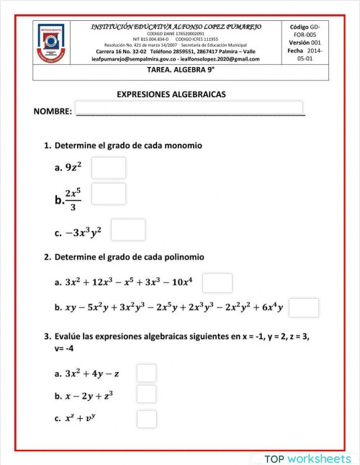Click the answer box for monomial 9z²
click(109, 168)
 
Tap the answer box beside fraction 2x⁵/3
click(109, 194)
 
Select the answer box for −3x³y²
click(128, 230)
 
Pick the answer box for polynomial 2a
click(217, 283)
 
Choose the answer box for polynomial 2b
click(304, 307)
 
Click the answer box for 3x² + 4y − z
click(147, 373)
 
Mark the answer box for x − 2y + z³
click(147, 394)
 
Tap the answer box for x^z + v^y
click(147, 418)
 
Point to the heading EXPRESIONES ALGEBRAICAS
click(171, 94)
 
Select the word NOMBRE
click(53, 112)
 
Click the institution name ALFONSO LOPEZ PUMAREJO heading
click(176, 27)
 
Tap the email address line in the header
click(176, 58)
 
